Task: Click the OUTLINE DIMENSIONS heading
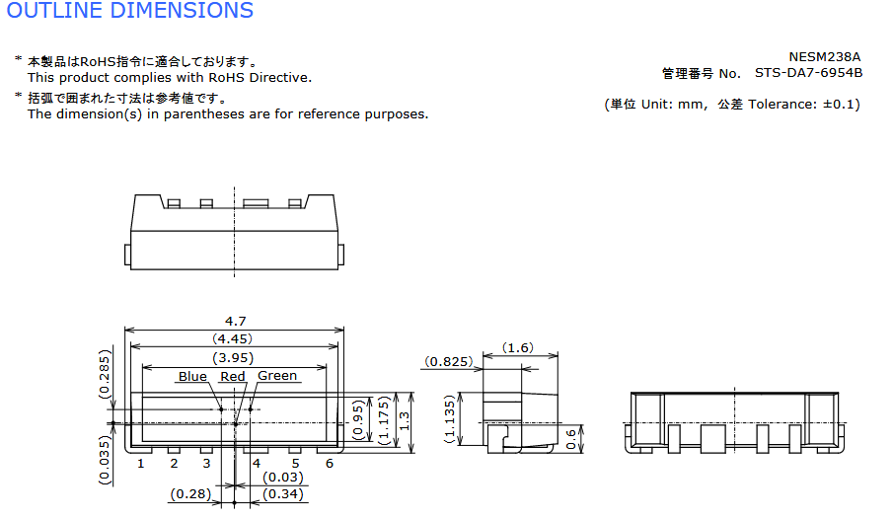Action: click(x=130, y=10)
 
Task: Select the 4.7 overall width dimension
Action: click(x=235, y=322)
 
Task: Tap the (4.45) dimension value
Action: click(x=232, y=339)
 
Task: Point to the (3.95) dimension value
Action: click(x=233, y=358)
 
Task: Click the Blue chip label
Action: click(x=192, y=377)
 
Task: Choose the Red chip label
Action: click(x=232, y=377)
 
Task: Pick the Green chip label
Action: click(x=277, y=376)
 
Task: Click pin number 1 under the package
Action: click(x=141, y=464)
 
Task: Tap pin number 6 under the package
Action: click(x=330, y=464)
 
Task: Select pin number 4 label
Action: click(x=257, y=464)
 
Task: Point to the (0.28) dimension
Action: click(x=190, y=494)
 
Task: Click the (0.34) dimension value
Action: click(x=283, y=494)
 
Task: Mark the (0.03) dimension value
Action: click(x=283, y=478)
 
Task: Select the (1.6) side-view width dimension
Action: click(x=518, y=347)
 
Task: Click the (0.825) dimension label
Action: click(x=449, y=362)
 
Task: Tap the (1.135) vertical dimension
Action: click(x=450, y=419)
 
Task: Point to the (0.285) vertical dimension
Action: click(x=104, y=374)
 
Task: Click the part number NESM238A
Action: click(x=825, y=57)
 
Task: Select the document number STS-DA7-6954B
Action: click(x=809, y=73)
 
